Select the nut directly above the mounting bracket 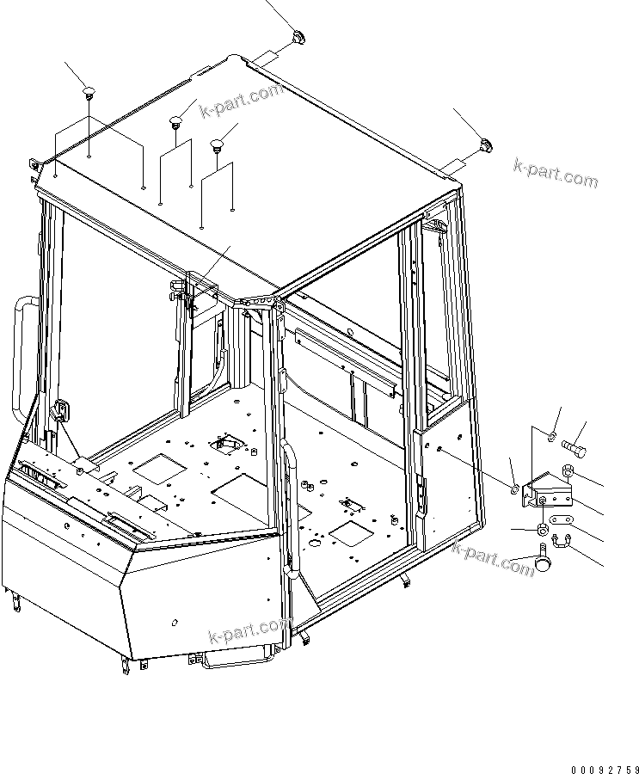click(568, 470)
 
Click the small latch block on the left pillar click(62, 411)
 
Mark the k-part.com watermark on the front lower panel click(245, 633)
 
